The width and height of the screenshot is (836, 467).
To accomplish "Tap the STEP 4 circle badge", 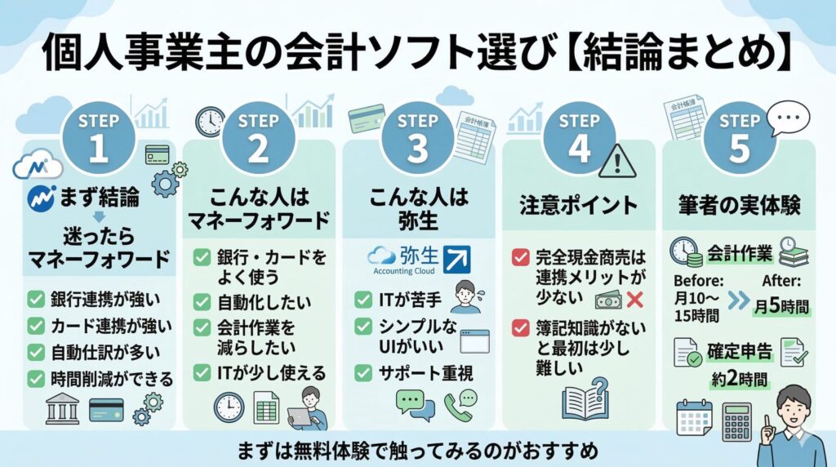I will (x=579, y=136).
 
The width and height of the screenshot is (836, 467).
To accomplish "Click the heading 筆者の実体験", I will (x=738, y=206).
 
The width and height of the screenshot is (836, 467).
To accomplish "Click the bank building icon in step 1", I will (x=62, y=409).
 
